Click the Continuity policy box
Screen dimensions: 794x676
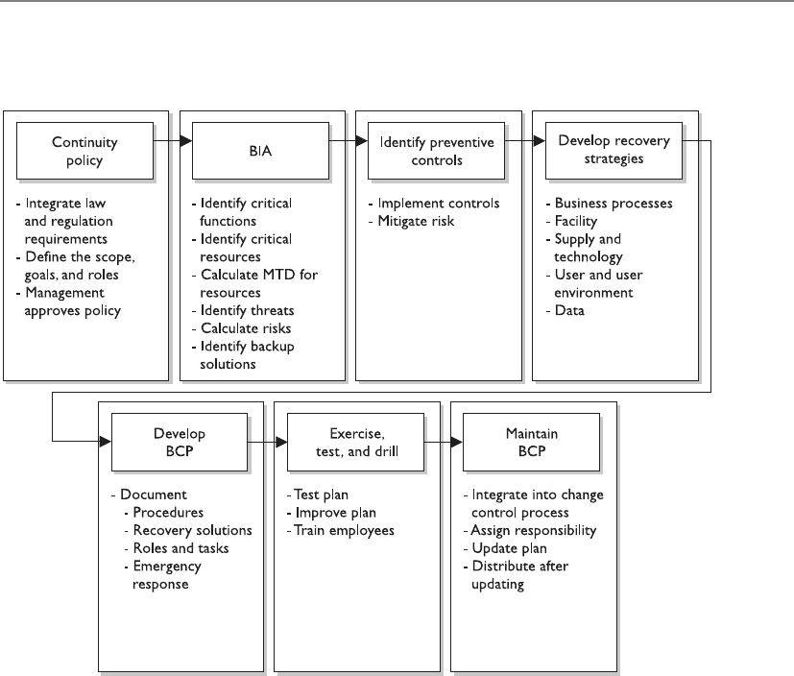coord(85,151)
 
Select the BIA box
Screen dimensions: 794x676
coord(260,151)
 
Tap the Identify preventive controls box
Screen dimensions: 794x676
coord(437,151)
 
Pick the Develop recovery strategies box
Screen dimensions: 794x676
coord(614,151)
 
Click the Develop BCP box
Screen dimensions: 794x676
coord(180,442)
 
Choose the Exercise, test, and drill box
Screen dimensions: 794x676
coord(355,442)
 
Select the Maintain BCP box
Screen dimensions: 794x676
coord(531,442)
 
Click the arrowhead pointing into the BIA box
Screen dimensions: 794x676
coord(186,140)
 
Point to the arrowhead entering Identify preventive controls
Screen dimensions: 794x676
coord(362,140)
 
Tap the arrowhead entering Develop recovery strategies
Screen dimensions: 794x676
coord(540,140)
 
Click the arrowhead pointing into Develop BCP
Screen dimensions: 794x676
coord(106,442)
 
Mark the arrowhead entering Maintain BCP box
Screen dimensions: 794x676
coord(457,442)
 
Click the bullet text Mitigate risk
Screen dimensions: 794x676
coord(416,221)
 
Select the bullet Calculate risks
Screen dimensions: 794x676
coord(246,328)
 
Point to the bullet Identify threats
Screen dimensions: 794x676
coord(247,310)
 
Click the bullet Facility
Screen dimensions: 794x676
coord(576,221)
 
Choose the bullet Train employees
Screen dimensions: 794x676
coord(344,531)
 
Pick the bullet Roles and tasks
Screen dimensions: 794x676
coord(180,548)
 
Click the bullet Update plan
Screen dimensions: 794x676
coord(510,548)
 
